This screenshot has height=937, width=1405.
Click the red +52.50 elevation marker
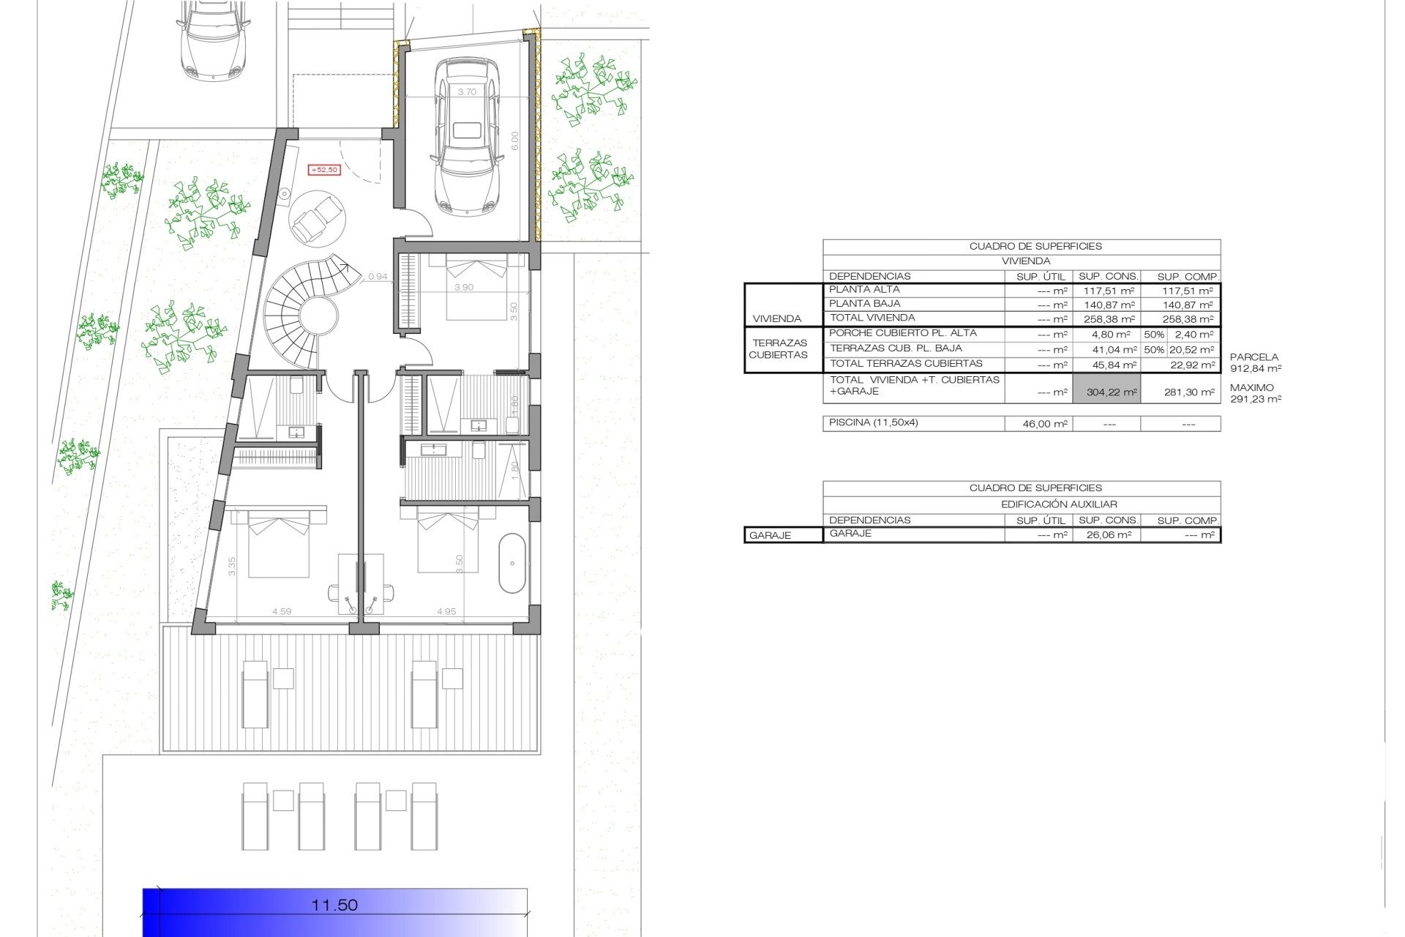324,170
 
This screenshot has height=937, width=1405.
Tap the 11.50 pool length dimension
334,905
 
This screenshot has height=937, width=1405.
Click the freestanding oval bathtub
512,563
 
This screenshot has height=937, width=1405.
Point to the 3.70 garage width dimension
467,92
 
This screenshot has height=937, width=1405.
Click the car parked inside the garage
465,136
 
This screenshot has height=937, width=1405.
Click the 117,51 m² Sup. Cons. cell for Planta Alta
1109,291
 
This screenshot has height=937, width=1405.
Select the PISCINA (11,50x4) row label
873,423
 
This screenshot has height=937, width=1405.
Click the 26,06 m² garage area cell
1109,535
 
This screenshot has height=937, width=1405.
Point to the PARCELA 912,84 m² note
1255,363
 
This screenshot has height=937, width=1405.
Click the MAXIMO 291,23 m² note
1255,393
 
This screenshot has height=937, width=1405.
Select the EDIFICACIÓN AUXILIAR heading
1058,504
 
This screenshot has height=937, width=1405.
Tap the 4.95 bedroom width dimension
446,611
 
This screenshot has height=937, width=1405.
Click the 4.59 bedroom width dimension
282,611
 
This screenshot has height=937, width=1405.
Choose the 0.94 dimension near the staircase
378,277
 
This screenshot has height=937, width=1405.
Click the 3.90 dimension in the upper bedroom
464,288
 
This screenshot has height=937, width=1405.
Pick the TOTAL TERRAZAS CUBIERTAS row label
906,364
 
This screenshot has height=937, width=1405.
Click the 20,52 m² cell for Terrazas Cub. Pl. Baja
1192,350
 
